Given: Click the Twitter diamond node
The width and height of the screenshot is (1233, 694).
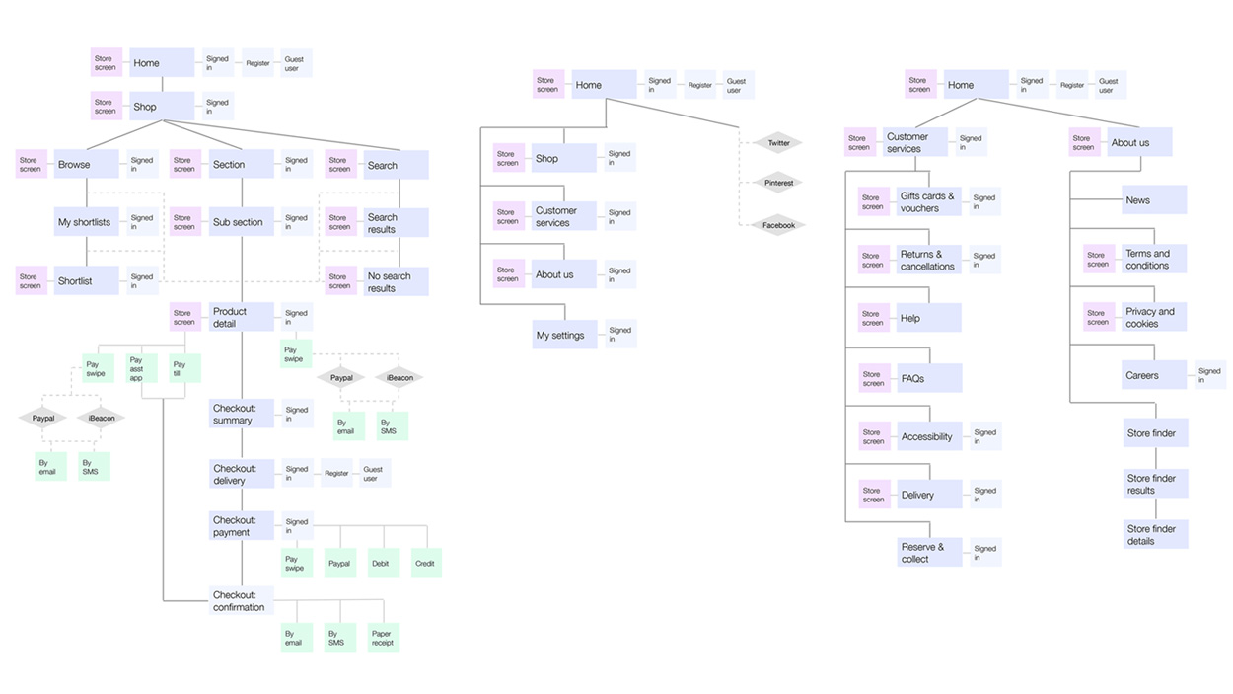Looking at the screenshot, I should [779, 143].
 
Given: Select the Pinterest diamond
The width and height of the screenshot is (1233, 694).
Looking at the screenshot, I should [779, 183].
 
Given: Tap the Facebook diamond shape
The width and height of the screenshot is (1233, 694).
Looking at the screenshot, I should [779, 225].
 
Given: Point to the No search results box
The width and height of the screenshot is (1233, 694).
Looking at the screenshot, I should [395, 282].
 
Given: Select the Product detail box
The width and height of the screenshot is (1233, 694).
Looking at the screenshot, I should [241, 317].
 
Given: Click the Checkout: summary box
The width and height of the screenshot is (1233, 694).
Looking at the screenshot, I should [241, 414].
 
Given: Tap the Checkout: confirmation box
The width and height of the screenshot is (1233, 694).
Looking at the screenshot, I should [241, 601].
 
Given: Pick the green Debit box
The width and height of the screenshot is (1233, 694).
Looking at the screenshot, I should [381, 564].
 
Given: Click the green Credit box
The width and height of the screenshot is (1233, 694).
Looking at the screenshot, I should [425, 564].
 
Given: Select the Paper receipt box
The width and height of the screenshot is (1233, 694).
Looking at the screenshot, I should [383, 638].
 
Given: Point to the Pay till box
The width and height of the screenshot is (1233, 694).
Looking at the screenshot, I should [185, 368].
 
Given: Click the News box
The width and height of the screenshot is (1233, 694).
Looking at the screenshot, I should [1153, 200].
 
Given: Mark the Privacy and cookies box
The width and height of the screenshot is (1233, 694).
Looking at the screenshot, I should [1153, 317].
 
